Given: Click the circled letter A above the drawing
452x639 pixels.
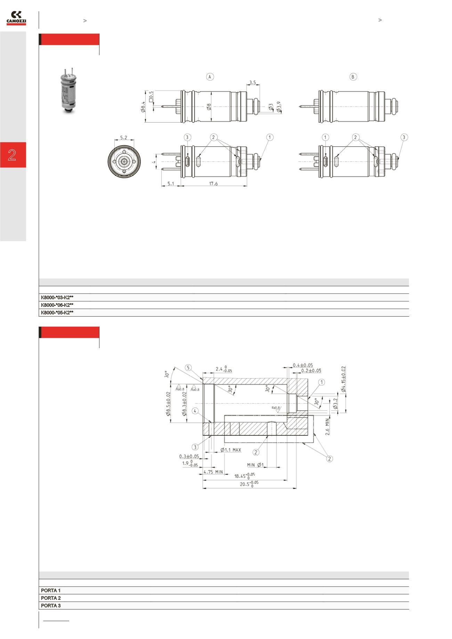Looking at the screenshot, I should [210, 77].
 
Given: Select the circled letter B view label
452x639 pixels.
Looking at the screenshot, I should [353, 77].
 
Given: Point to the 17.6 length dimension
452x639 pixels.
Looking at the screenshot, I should [213, 183].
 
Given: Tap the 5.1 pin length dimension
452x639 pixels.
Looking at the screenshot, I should [171, 183].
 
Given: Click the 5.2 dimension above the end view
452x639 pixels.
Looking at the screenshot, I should [123, 138].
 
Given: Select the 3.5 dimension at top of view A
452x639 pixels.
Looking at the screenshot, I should [253, 83].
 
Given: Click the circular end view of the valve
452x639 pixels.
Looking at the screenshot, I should [124, 161].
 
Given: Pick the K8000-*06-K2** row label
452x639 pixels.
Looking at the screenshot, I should [57, 305].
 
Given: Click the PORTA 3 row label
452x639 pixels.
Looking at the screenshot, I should [51, 606].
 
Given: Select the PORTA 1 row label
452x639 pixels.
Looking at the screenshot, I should [51, 590].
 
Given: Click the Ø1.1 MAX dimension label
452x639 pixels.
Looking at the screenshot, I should [231, 450].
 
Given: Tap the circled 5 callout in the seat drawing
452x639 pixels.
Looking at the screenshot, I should [188, 368].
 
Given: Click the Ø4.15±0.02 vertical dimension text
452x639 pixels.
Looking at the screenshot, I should [343, 379].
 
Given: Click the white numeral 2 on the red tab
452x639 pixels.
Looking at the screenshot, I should [12, 155].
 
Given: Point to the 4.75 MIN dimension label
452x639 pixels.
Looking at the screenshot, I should [213, 472].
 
